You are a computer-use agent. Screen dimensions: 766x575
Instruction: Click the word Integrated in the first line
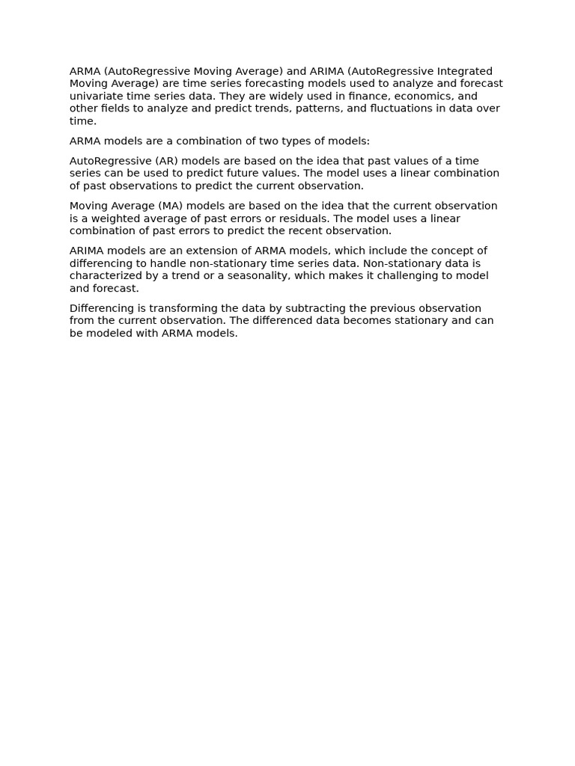point(465,71)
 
